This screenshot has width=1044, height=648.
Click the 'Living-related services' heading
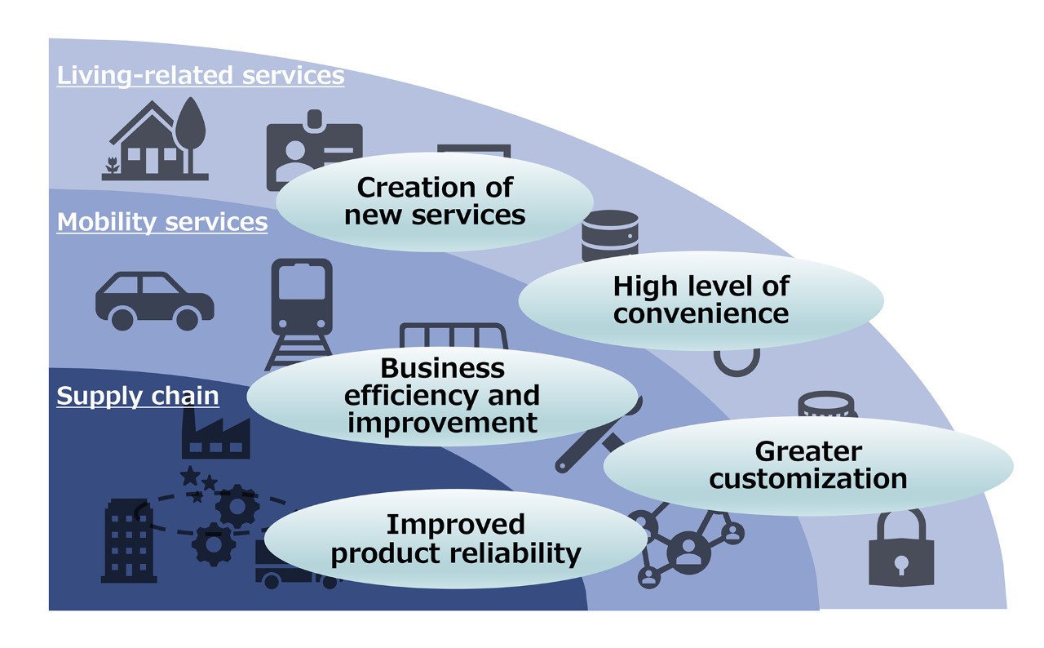200,76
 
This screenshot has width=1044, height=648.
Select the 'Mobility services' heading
161,221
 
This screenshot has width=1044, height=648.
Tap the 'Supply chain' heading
137,396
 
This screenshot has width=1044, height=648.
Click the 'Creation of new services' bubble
435,201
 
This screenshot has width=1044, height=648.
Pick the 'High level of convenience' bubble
701,300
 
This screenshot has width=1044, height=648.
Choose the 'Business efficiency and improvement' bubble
442,396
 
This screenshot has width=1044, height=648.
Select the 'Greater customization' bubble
807,465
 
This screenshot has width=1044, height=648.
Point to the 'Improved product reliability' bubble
455,539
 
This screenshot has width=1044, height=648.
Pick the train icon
301,306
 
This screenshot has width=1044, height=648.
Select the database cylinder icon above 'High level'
609,233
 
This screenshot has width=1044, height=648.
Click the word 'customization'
807,478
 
